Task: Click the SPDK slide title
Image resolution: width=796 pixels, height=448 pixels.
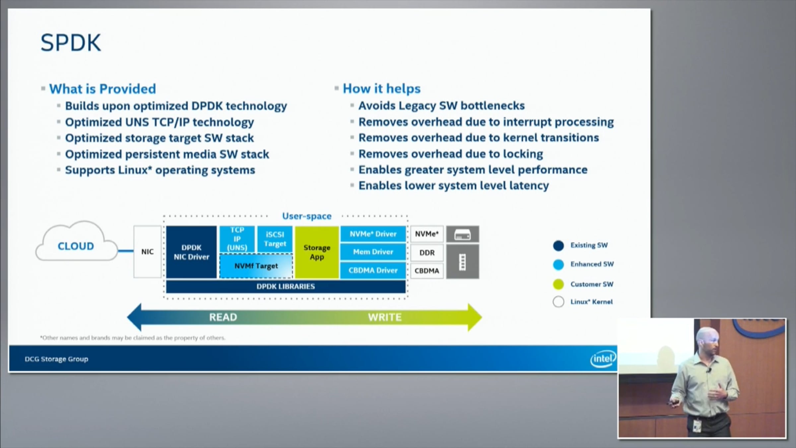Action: tap(71, 43)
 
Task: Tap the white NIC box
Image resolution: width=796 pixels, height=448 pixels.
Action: tap(147, 252)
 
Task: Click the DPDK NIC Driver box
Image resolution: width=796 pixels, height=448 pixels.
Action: tap(191, 252)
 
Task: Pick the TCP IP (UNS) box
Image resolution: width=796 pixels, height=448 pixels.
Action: tap(237, 239)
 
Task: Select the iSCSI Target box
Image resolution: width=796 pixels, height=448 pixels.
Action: tap(275, 239)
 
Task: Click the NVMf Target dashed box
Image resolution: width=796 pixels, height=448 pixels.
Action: tap(256, 266)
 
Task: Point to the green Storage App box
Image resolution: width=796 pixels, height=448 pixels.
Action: tap(317, 252)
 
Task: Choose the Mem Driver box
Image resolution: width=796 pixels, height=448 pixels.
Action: tap(373, 252)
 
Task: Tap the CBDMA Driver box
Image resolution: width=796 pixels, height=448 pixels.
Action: tap(373, 270)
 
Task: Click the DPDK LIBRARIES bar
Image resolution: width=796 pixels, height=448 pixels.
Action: tap(286, 286)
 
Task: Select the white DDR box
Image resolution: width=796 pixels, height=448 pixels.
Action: tap(427, 253)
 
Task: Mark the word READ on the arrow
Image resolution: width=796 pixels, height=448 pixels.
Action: tap(223, 317)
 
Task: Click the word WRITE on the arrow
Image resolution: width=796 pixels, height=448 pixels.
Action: tap(385, 317)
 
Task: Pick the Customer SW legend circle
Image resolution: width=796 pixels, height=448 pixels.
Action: tap(559, 284)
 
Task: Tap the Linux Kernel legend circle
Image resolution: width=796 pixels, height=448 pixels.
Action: tap(559, 302)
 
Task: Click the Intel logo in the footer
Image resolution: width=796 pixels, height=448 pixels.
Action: tap(603, 358)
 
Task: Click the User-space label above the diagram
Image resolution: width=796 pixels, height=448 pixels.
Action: tap(307, 216)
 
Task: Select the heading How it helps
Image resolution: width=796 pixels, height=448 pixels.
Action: tap(381, 89)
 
